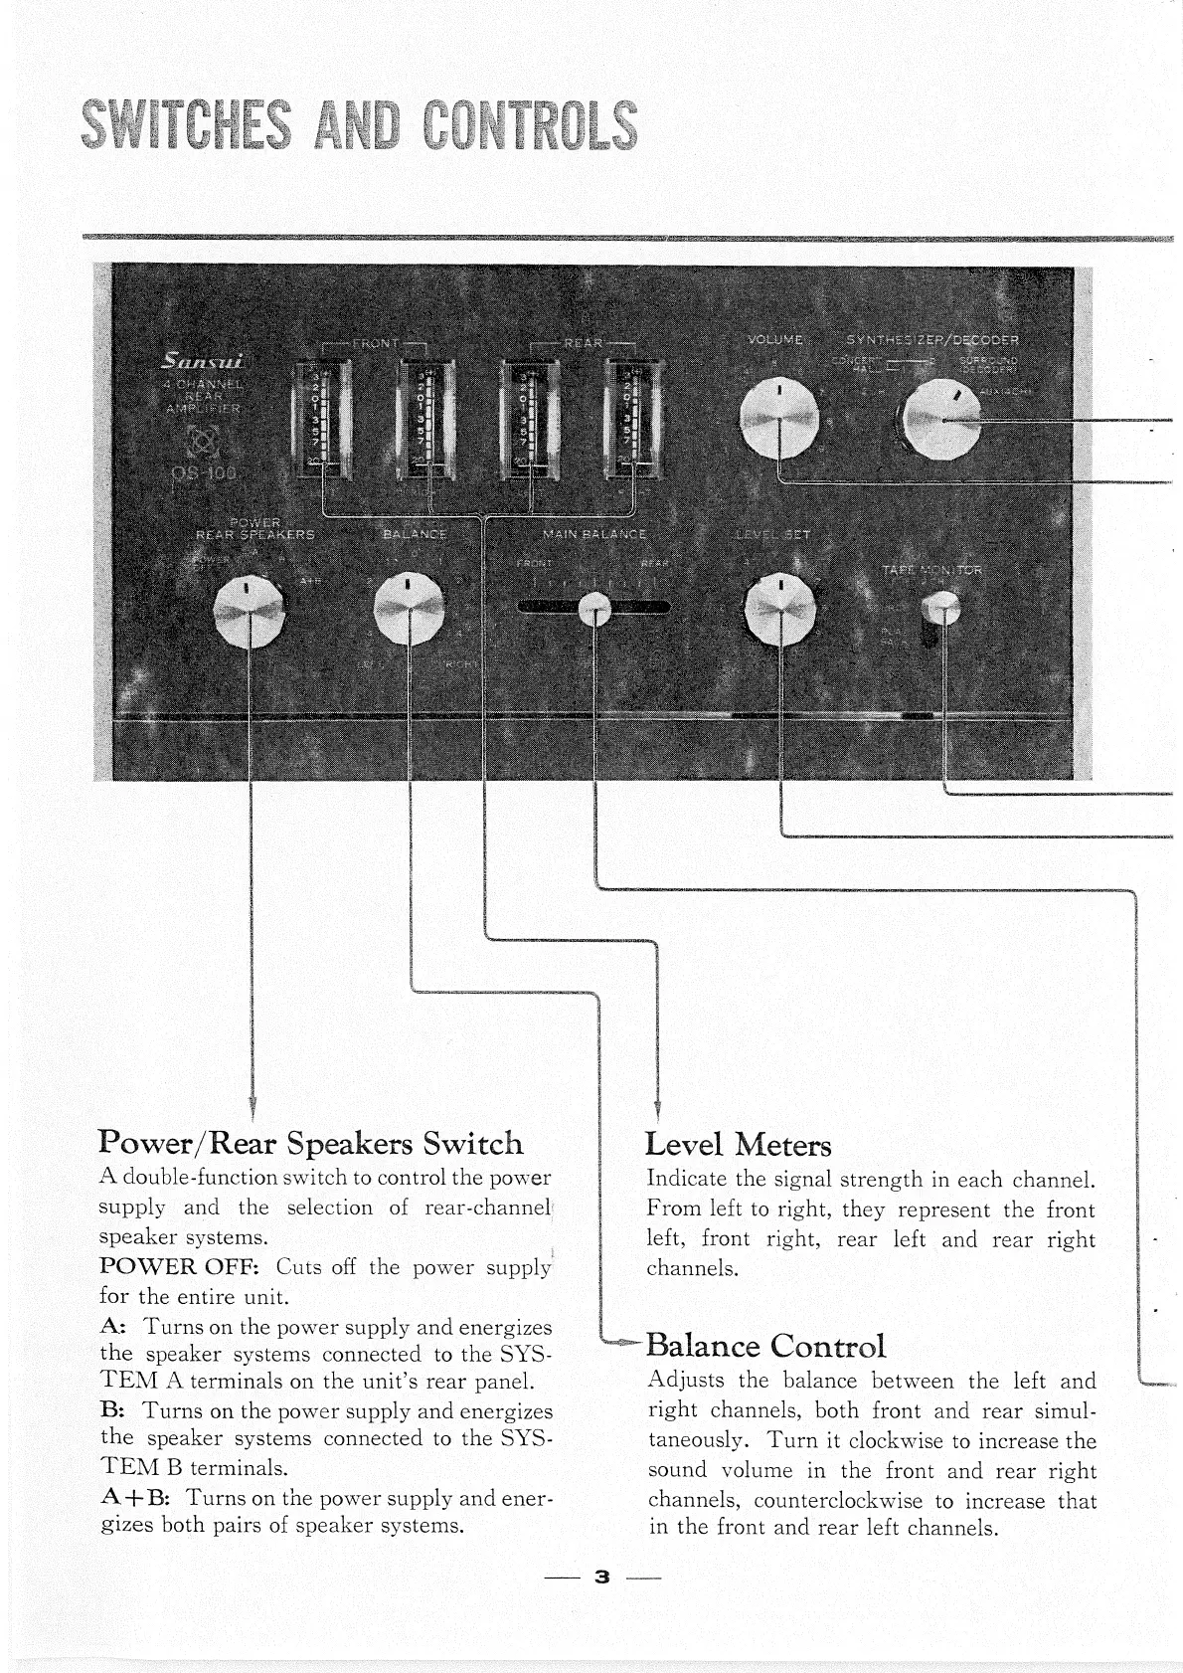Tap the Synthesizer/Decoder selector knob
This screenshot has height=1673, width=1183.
[939, 423]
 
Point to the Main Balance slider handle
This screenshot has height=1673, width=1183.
[594, 608]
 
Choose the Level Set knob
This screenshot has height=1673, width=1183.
[781, 609]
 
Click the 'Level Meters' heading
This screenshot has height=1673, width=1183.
[738, 1145]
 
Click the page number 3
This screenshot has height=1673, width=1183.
[600, 1578]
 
